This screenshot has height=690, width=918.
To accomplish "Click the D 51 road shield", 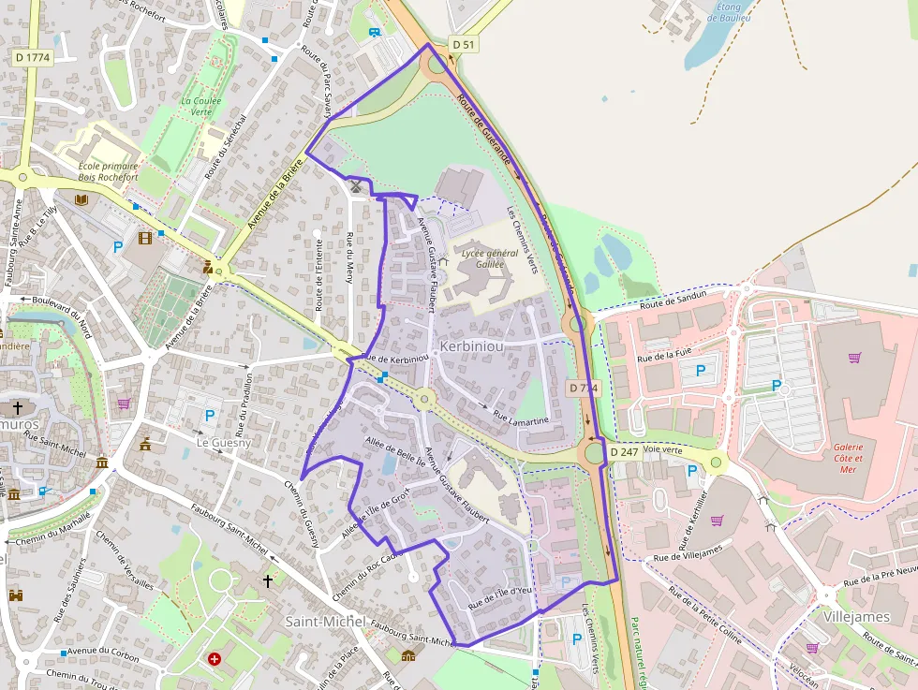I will (464, 44).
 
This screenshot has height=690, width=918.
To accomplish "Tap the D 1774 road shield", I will (33, 57).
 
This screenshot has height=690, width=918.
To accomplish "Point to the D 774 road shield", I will (583, 388).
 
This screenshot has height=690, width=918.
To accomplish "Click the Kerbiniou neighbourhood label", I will (471, 345).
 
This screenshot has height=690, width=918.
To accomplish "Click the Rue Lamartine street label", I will (520, 421).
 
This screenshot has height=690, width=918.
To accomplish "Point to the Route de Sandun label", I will (672, 300).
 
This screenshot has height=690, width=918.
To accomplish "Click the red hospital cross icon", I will (215, 659).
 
